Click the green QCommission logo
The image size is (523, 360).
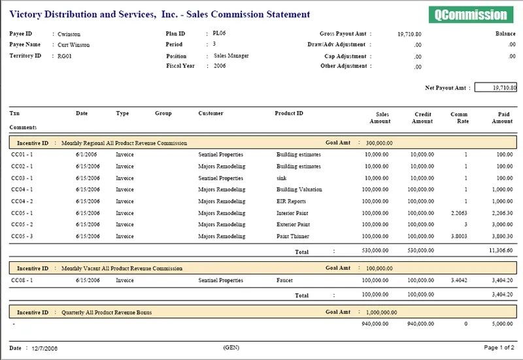471,14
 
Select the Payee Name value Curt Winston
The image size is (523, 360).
74,44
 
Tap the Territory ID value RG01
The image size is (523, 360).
64,56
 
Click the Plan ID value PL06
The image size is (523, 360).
219,33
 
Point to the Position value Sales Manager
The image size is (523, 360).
231,56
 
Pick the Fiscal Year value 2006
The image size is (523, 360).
220,66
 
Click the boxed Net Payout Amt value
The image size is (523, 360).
496,88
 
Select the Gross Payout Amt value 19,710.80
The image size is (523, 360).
409,34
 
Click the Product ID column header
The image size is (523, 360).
289,113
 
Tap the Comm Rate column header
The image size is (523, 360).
460,118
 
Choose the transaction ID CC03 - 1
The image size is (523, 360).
22,178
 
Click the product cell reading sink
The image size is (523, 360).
282,178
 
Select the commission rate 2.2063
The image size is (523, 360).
459,213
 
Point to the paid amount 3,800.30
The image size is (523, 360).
502,237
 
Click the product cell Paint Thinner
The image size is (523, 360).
293,237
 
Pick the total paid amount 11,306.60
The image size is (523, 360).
501,250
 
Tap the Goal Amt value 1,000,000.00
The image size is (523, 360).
382,312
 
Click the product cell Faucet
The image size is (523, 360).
284,280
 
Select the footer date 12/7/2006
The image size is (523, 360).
44,348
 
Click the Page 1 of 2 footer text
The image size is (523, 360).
499,348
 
